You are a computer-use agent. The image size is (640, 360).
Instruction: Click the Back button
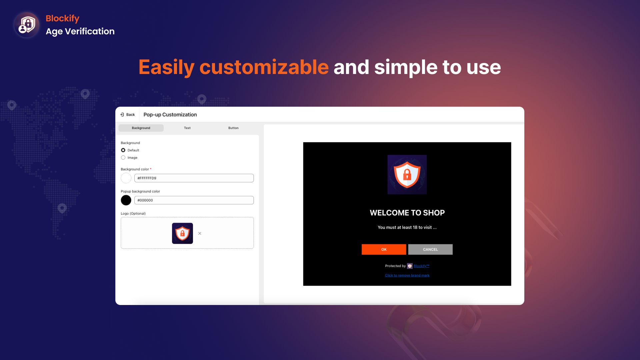[x=128, y=115]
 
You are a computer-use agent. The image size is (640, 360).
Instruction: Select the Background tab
[x=141, y=128]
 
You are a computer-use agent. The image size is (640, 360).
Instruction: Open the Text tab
[x=187, y=128]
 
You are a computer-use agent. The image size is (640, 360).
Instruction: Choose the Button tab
[x=233, y=128]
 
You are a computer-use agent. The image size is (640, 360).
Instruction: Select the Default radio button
[x=123, y=150]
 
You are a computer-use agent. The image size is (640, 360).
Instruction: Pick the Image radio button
[x=123, y=158]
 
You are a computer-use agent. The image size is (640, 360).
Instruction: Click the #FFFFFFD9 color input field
[x=194, y=178]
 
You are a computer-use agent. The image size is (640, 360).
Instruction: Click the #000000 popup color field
[x=194, y=200]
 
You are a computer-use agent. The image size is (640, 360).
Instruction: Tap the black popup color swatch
[x=126, y=200]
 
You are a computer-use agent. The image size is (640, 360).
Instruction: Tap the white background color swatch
[x=126, y=178]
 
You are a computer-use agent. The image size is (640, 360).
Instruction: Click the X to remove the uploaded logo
[x=200, y=233]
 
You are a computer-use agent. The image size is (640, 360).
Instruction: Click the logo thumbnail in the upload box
[x=182, y=233]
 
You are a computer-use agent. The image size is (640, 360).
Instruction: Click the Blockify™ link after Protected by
[x=421, y=266]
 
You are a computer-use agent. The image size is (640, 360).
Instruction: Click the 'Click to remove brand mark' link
[x=407, y=275]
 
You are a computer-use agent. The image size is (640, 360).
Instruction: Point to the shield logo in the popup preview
[x=407, y=175]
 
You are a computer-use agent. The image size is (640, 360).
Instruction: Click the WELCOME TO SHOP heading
[x=407, y=213]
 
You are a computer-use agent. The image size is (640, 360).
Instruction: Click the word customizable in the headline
[x=264, y=67]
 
